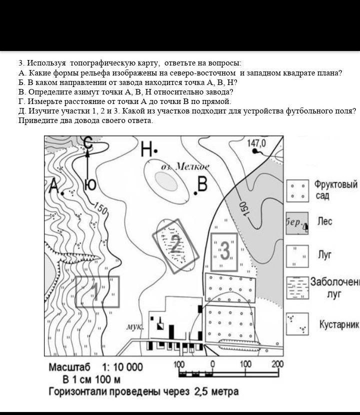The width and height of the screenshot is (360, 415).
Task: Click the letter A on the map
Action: point(54,186)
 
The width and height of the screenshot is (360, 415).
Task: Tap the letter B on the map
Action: point(202,184)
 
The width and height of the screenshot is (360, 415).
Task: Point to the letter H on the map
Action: point(147,148)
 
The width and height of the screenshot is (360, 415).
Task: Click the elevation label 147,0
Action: point(256,143)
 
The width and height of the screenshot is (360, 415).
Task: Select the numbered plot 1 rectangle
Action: point(97,291)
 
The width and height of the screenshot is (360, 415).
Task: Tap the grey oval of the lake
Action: point(166,178)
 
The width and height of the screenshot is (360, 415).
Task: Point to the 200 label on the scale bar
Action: point(277,364)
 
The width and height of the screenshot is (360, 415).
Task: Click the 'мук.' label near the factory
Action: point(134,326)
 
